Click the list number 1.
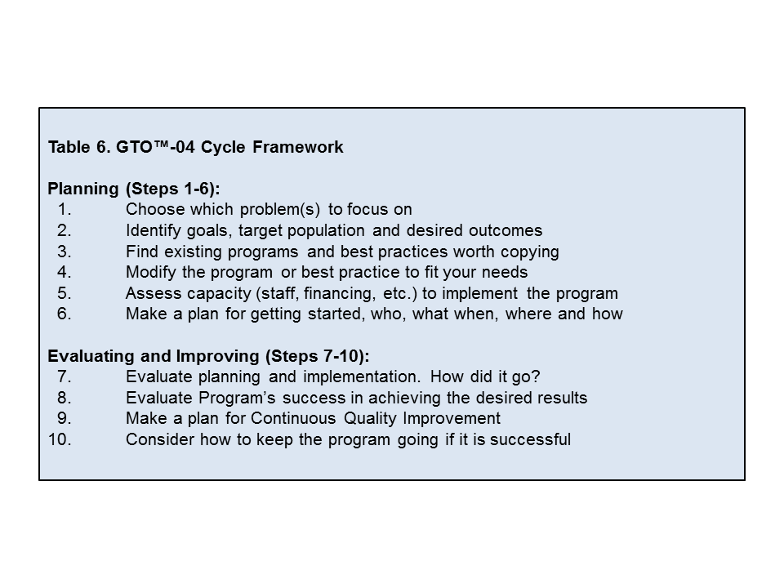(65, 209)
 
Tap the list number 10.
(60, 439)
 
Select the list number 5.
(65, 293)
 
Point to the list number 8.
(65, 398)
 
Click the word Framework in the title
(298, 147)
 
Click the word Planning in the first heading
(83, 189)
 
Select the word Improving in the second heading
(217, 356)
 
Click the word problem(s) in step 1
(280, 210)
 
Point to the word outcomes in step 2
(506, 230)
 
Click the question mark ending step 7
(536, 376)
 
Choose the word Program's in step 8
(237, 398)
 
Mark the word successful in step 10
(531, 439)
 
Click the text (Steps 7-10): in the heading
(318, 356)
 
